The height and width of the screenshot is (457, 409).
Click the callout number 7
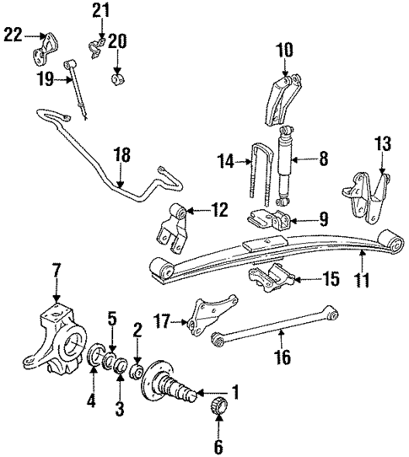click(57, 272)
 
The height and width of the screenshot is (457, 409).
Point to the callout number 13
click(383, 145)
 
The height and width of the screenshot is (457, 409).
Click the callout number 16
click(284, 358)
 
